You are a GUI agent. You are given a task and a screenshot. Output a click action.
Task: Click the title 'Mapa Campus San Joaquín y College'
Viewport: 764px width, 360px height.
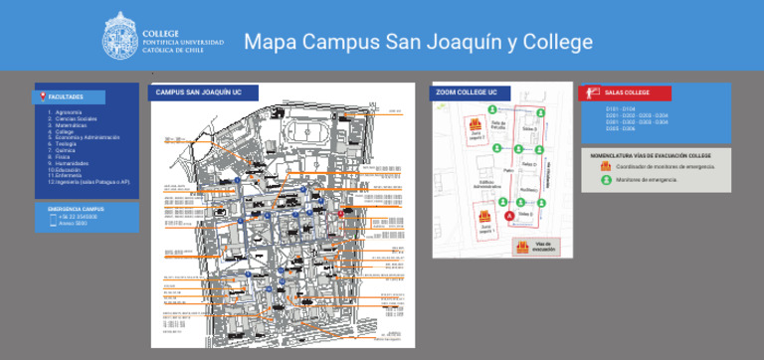click(418, 42)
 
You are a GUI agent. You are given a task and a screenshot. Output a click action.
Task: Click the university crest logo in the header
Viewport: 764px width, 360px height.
click(121, 40)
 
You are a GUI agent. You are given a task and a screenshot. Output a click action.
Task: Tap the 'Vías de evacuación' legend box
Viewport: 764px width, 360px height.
click(535, 246)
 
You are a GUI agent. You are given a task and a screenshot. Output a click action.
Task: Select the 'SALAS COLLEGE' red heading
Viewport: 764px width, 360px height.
click(627, 92)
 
